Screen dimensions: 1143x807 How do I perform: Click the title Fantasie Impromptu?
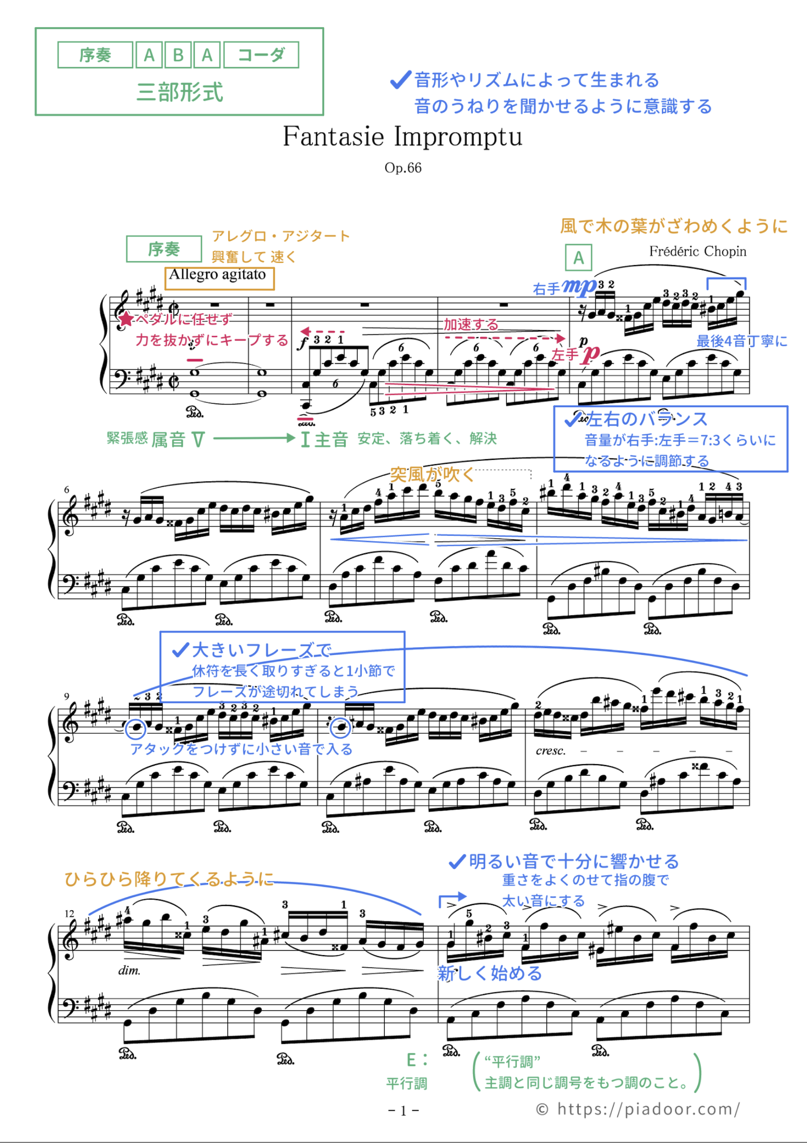point(402,137)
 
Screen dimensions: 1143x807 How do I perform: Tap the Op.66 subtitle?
point(402,168)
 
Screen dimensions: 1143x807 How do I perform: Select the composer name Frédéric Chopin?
point(698,252)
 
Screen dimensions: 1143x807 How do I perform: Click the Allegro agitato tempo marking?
point(217,275)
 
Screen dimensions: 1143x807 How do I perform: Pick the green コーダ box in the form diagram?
point(261,55)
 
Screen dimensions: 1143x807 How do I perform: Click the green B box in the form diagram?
point(178,55)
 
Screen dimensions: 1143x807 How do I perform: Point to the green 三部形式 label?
point(179,92)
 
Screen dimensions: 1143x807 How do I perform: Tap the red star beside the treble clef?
point(127,319)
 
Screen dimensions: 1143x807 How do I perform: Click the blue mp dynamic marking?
point(579,287)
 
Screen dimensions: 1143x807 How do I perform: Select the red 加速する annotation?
point(471,324)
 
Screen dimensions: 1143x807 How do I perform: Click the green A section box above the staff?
point(578,257)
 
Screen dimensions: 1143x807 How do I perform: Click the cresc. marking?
point(550,751)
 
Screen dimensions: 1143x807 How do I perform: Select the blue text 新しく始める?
point(490,973)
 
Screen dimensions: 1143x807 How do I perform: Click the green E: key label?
point(417,1060)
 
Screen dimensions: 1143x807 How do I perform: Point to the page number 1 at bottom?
point(403,1110)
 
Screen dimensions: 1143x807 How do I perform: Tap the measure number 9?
point(66,696)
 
